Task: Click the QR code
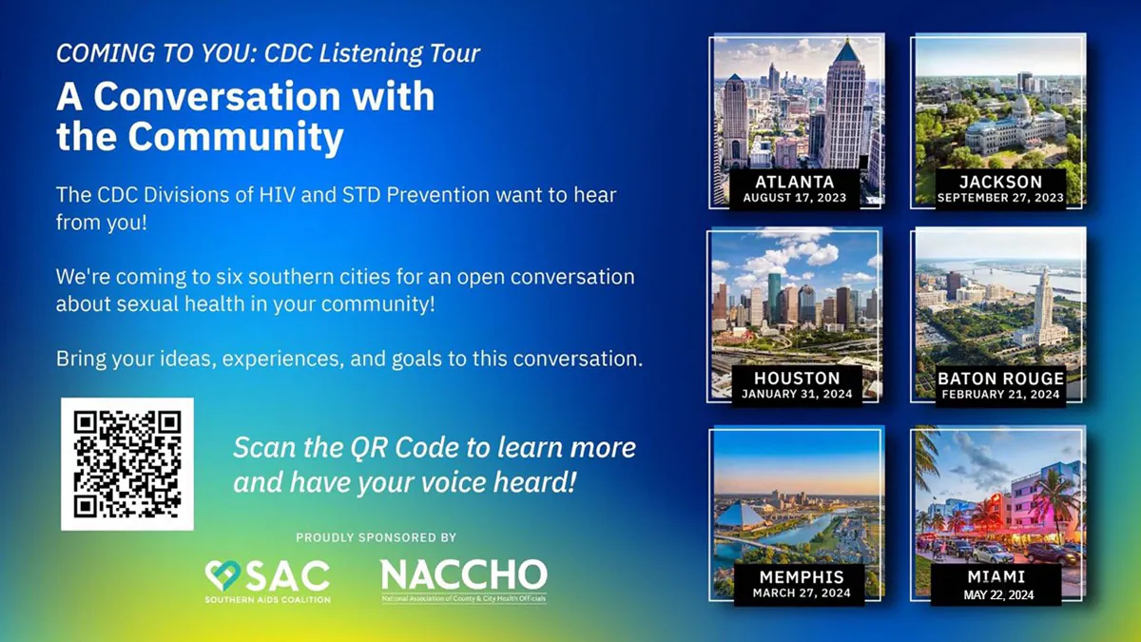(x=127, y=463)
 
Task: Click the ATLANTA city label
(x=796, y=181)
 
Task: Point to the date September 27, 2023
(x=1000, y=198)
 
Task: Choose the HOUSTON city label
(x=797, y=378)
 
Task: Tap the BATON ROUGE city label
(x=1000, y=378)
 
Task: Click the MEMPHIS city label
(x=802, y=576)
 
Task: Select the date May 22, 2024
(x=998, y=595)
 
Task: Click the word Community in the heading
(x=236, y=137)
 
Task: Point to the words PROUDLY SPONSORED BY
(x=377, y=537)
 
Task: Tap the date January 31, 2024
(x=797, y=394)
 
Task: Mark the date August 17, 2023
(x=796, y=198)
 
